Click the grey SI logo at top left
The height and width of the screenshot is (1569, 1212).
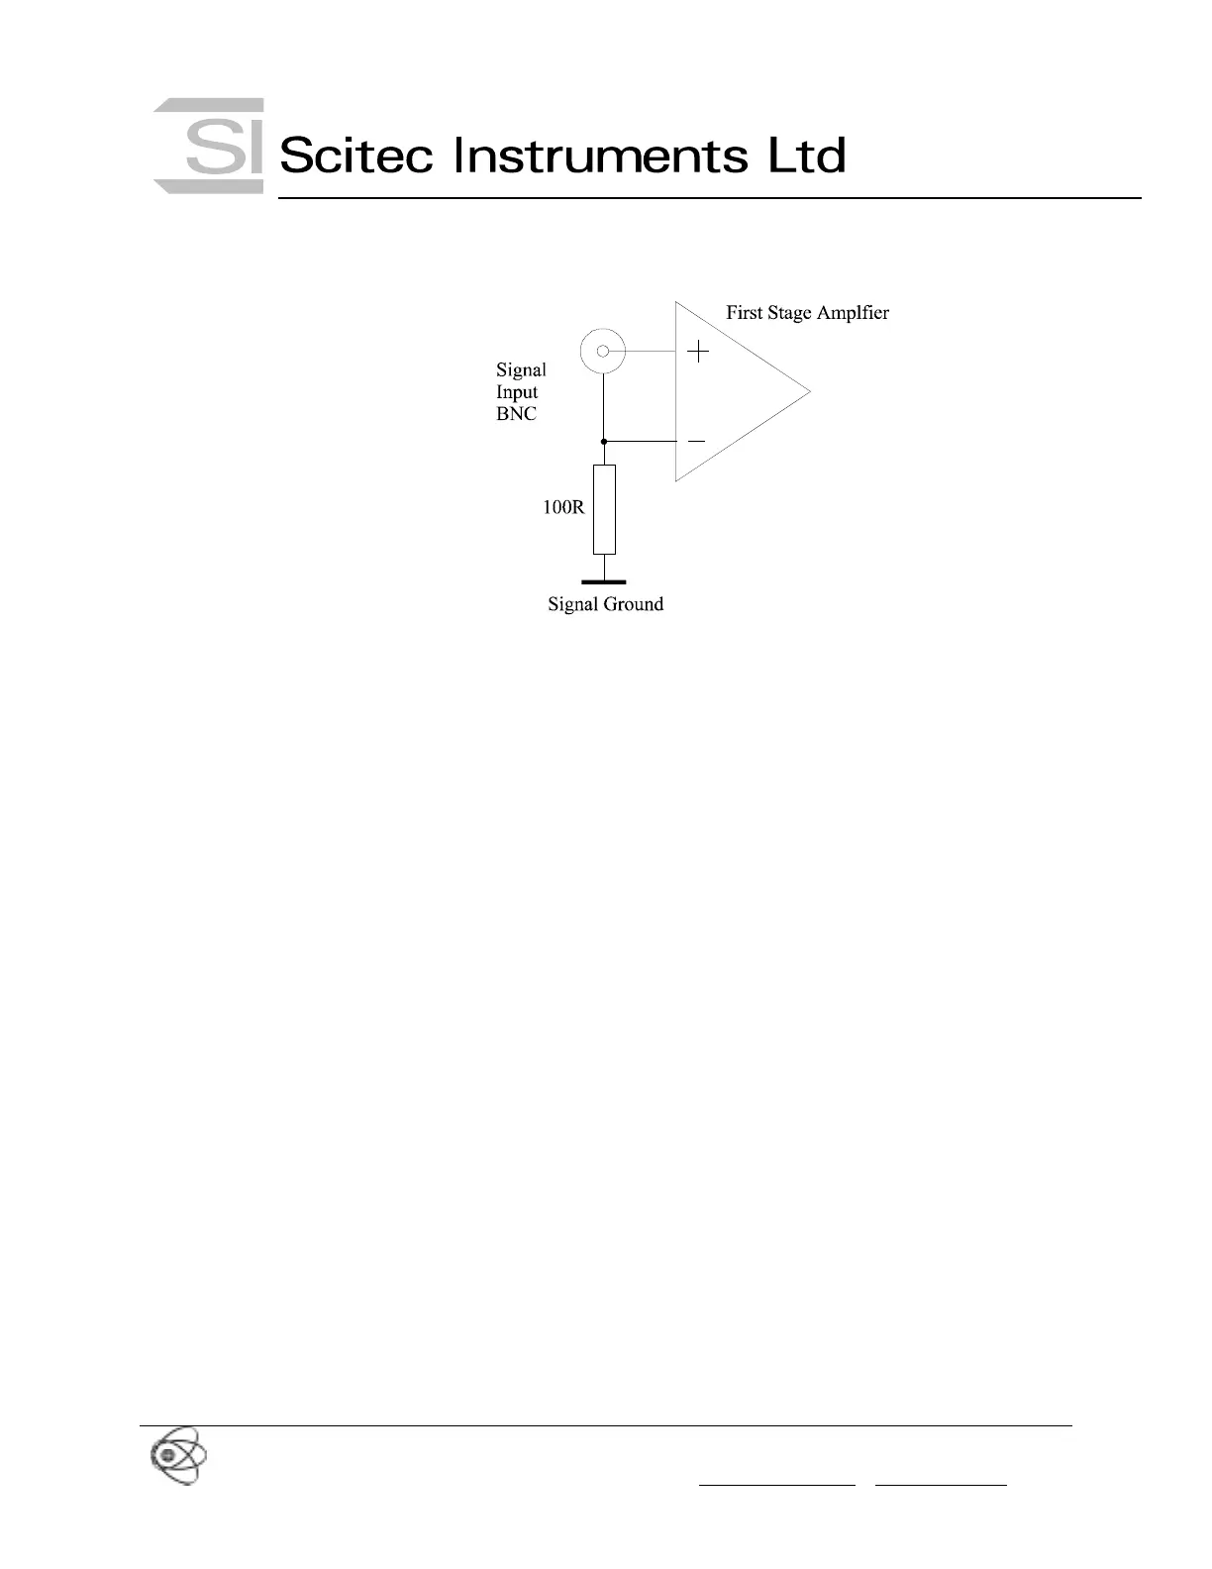pyautogui.click(x=209, y=146)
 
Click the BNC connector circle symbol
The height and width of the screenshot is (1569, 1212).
pyautogui.click(x=603, y=351)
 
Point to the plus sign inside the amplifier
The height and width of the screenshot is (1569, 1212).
pyautogui.click(x=699, y=351)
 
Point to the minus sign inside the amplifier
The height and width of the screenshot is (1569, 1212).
pyautogui.click(x=697, y=441)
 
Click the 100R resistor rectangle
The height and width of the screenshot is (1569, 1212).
pyautogui.click(x=604, y=509)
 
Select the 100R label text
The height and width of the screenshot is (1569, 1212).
pyautogui.click(x=563, y=508)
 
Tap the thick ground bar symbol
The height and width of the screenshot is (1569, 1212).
pyautogui.click(x=604, y=582)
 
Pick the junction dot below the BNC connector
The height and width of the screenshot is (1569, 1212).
pyautogui.click(x=604, y=441)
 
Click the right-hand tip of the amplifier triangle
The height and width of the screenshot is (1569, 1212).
pyautogui.click(x=809, y=390)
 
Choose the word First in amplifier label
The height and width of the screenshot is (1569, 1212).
pyautogui.click(x=744, y=313)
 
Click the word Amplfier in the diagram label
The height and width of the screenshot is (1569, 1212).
pyautogui.click(x=854, y=313)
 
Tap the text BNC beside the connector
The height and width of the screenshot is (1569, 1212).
pyautogui.click(x=516, y=414)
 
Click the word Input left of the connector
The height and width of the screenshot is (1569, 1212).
pyautogui.click(x=517, y=392)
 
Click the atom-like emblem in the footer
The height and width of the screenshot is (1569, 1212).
pyautogui.click(x=178, y=1455)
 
